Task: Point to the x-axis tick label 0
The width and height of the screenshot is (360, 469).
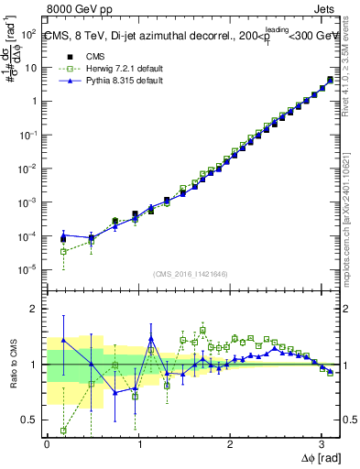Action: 47,444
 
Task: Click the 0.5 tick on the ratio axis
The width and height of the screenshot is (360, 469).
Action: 27,420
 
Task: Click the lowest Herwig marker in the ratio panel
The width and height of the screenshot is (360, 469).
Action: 63,430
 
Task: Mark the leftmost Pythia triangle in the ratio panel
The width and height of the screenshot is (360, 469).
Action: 63,340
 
